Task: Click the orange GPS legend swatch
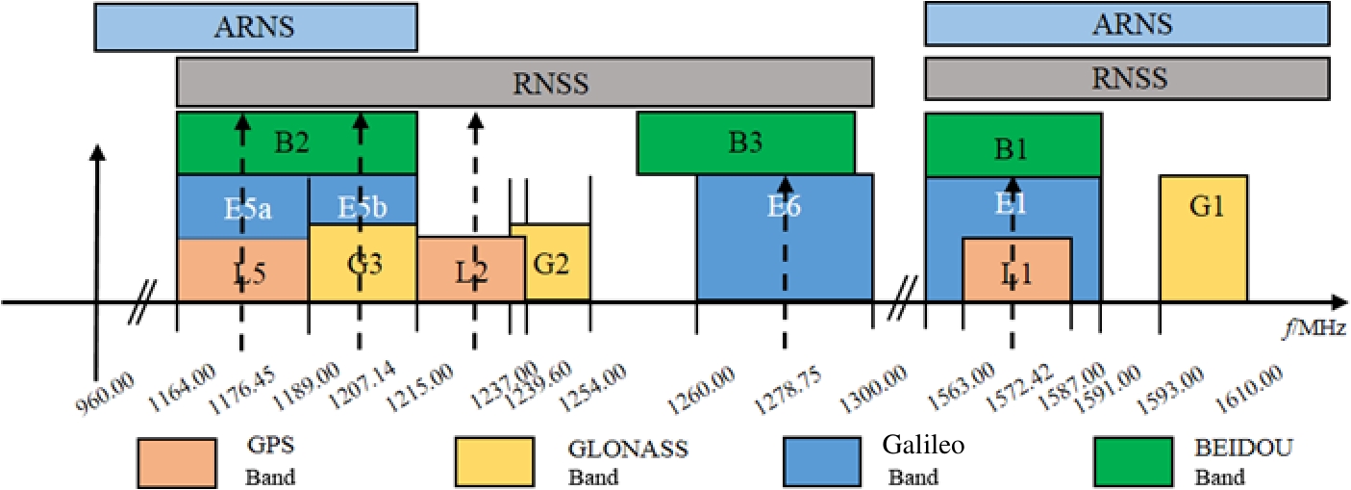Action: coord(176,462)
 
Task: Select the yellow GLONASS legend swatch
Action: coord(493,462)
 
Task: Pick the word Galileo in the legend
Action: coord(924,445)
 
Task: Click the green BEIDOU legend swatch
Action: coord(1134,462)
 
